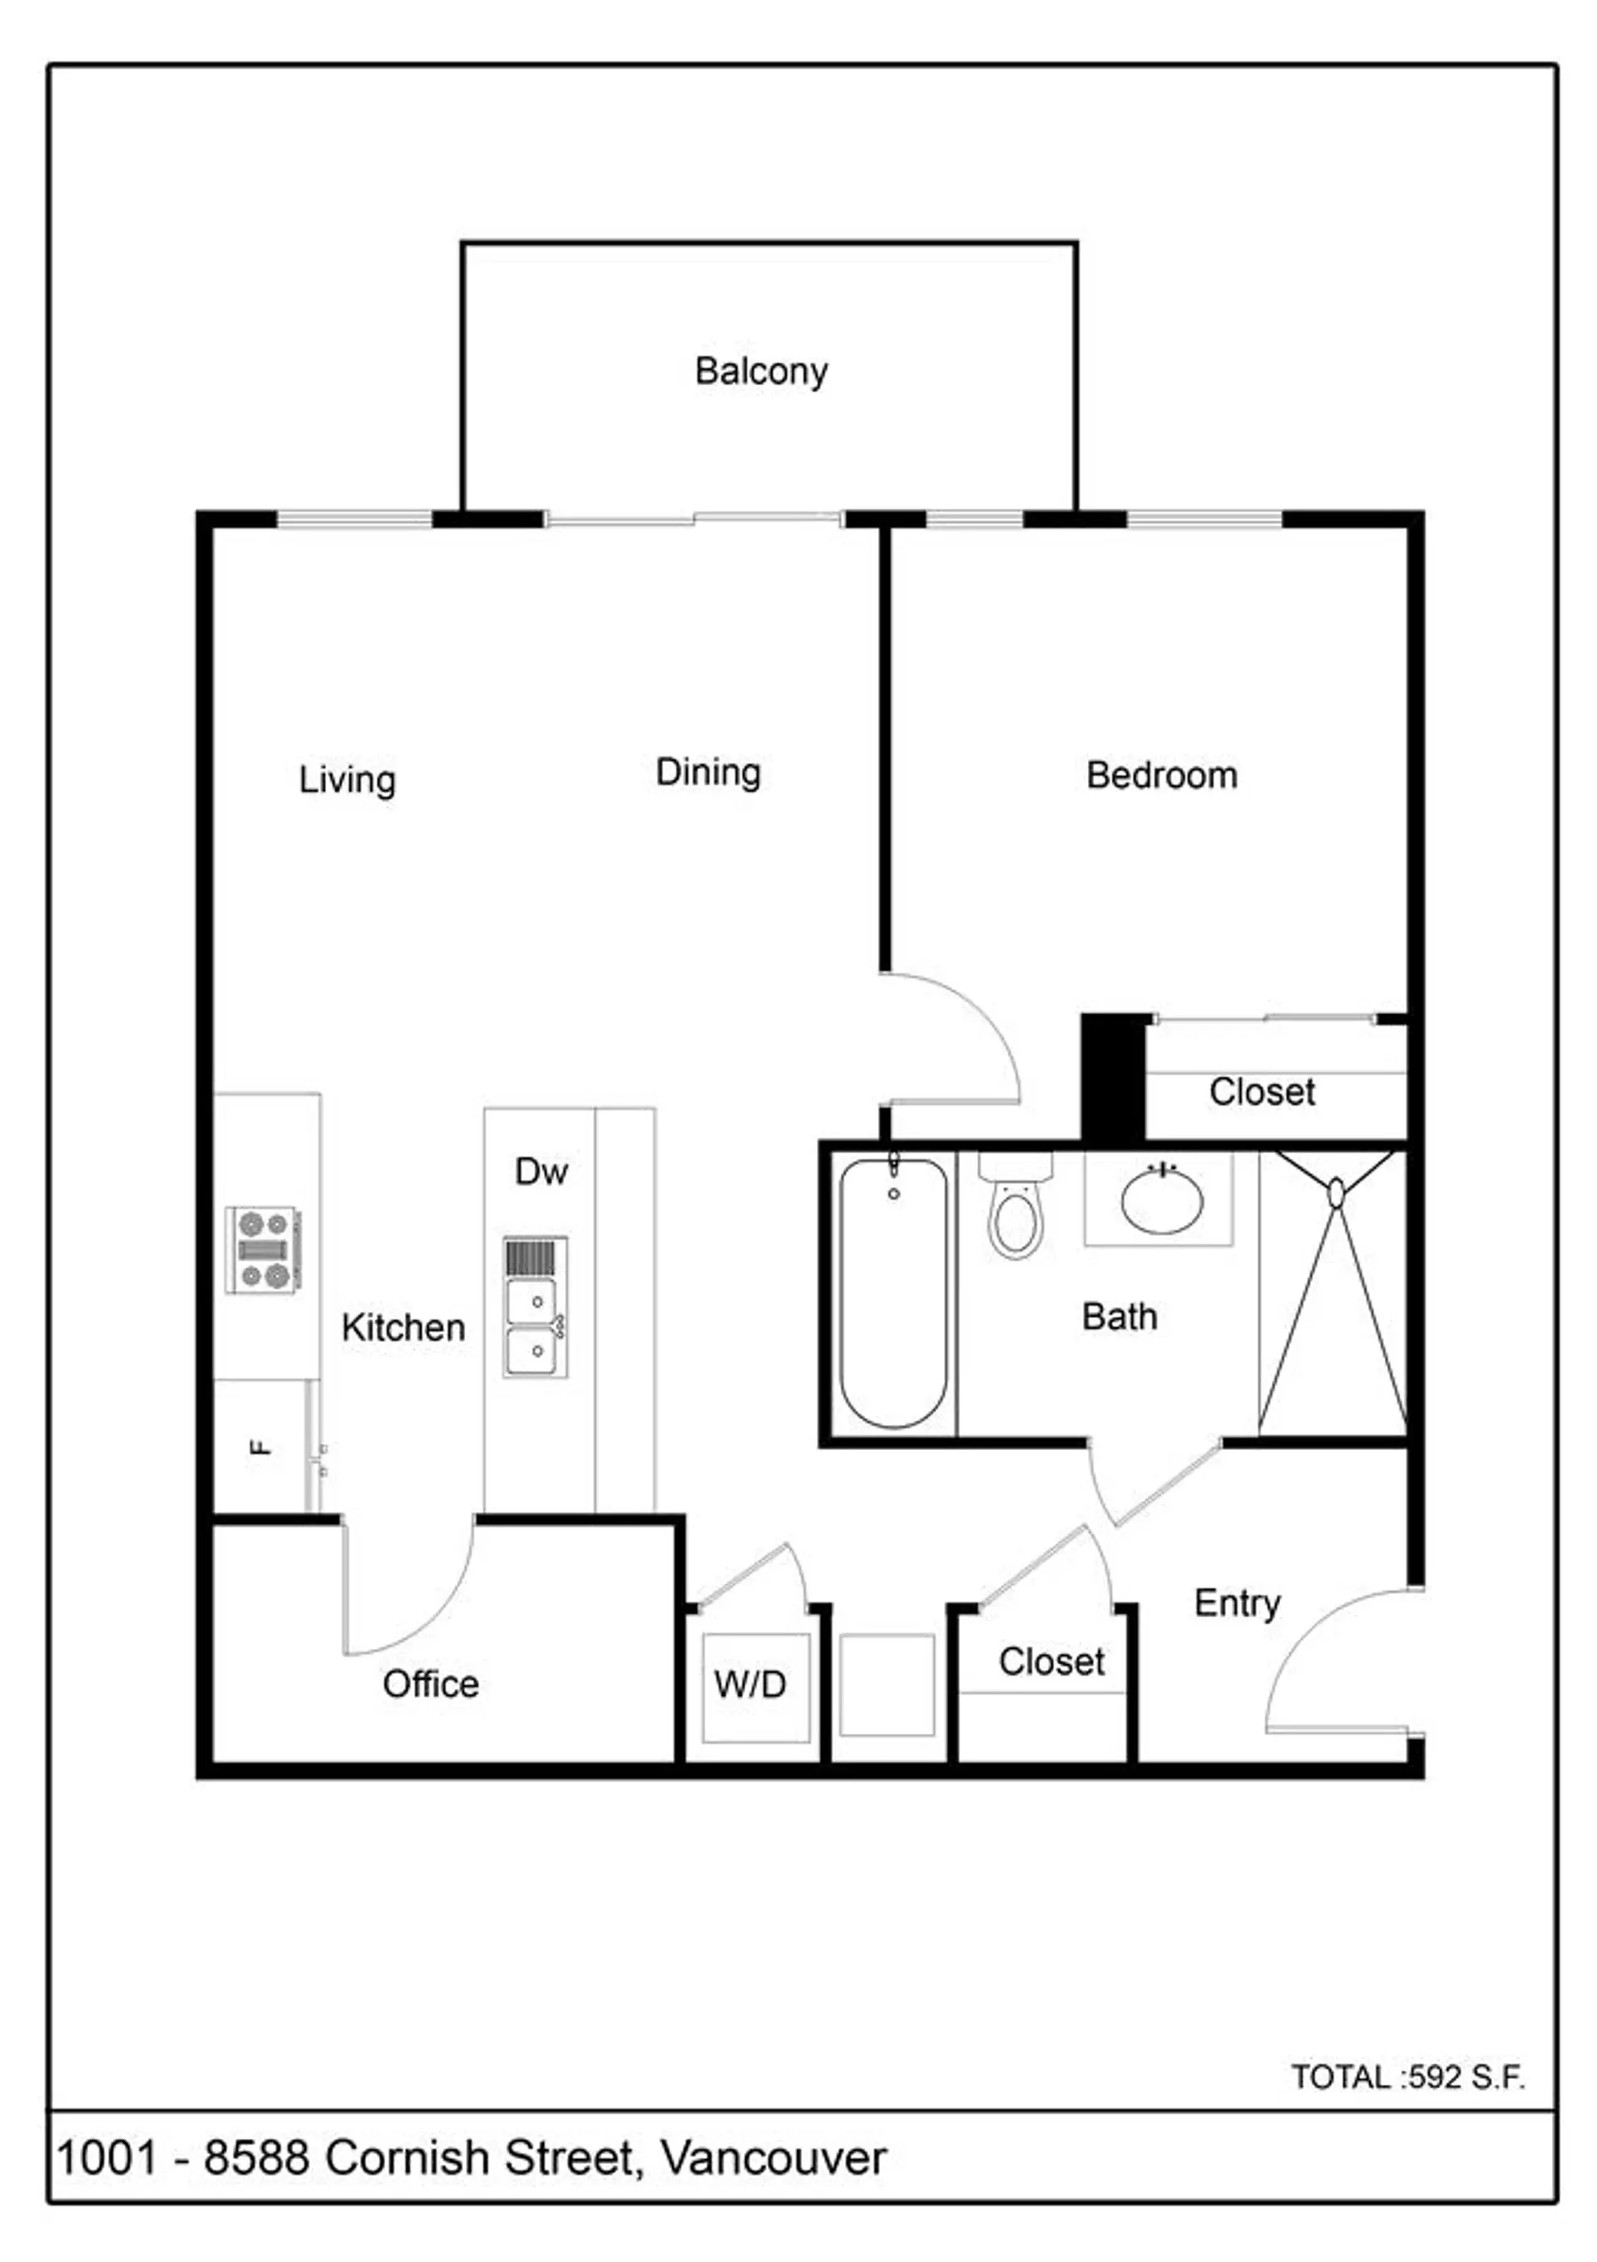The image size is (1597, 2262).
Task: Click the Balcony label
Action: [x=760, y=371]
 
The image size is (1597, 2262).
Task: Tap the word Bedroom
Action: [x=1160, y=775]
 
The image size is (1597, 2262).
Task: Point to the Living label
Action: [x=347, y=780]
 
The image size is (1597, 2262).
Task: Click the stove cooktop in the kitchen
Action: [x=262, y=1250]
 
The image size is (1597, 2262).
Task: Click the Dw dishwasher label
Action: [x=541, y=1171]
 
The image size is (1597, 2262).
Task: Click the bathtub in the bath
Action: [x=892, y=1294]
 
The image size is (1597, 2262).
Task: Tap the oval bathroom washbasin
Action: [x=1161, y=1200]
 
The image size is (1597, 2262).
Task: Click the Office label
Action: [x=431, y=1684]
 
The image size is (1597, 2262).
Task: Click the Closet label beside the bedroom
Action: [x=1261, y=1091]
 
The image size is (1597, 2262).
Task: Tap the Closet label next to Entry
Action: [x=1051, y=1662]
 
